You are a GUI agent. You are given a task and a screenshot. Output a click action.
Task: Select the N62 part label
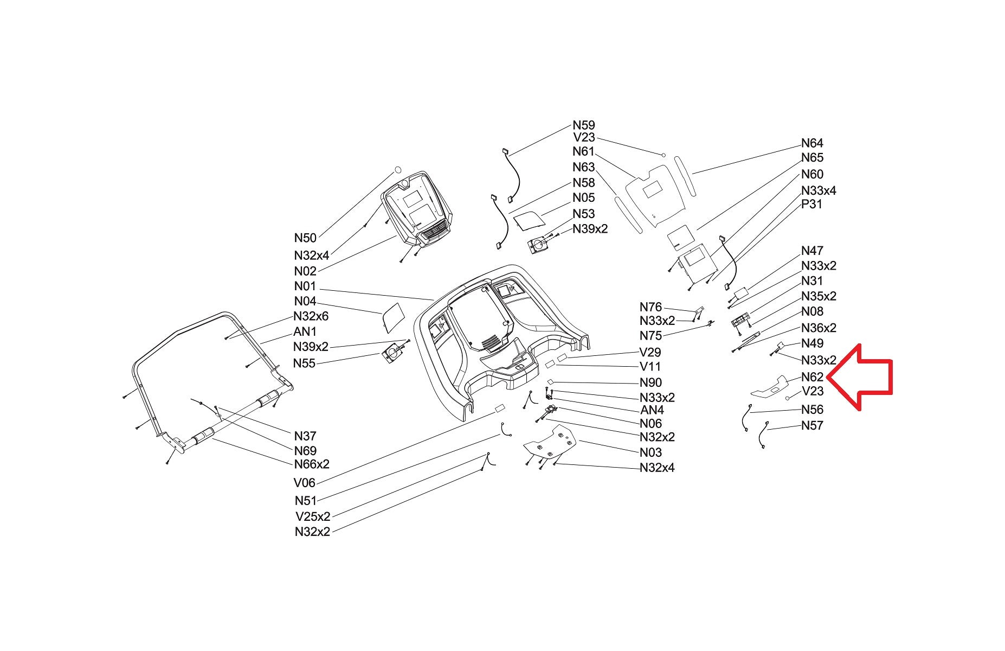tap(812, 376)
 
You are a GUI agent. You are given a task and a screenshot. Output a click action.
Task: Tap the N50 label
tap(305, 238)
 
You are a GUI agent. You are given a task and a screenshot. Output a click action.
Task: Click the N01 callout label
tap(305, 286)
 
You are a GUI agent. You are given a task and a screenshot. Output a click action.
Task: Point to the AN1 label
tap(305, 331)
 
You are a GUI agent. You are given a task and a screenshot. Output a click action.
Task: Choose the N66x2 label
tap(312, 464)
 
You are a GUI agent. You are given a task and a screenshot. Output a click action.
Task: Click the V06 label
tap(305, 482)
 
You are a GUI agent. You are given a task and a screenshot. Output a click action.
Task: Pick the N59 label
tap(584, 125)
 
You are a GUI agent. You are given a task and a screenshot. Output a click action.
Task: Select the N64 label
tap(812, 143)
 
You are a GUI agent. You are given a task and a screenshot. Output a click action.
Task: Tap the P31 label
tap(811, 205)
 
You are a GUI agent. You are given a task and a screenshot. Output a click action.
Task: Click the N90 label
tap(650, 382)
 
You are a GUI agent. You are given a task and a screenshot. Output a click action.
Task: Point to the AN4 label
tap(652, 410)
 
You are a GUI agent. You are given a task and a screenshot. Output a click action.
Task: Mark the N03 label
tap(650, 452)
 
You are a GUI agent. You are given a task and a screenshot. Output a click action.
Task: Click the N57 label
tap(812, 425)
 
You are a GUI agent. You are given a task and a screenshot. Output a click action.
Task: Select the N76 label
tap(650, 308)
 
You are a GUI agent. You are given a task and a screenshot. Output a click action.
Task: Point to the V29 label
tap(650, 352)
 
